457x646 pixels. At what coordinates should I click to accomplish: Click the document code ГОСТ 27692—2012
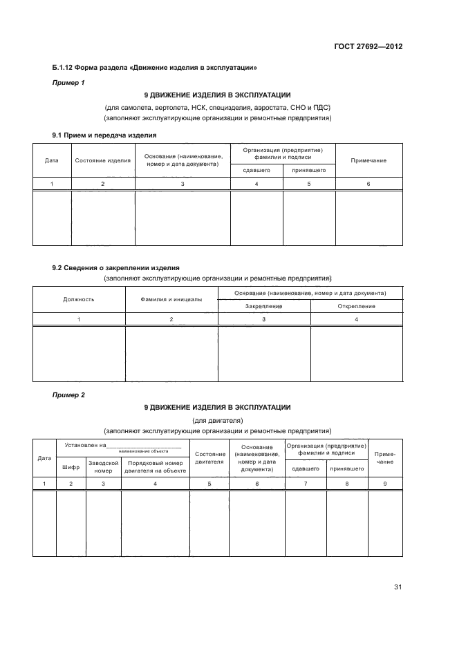[366, 47]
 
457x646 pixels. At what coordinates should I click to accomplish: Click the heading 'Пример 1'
[68, 83]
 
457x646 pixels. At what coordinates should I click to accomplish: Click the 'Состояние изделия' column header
[103, 160]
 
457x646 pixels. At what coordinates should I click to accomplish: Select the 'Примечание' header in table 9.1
[369, 160]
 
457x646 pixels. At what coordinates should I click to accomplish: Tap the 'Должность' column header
[79, 299]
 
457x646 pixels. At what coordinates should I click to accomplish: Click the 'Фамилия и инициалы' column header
[171, 299]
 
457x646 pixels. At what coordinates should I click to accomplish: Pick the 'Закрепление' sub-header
[263, 306]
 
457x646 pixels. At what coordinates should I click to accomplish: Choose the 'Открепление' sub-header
[356, 306]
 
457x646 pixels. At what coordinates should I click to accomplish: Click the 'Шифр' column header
[71, 467]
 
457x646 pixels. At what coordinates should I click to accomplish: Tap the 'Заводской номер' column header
[103, 467]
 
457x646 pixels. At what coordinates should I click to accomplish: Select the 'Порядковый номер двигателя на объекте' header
[155, 467]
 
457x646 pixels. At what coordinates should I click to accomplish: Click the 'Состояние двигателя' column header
[209, 457]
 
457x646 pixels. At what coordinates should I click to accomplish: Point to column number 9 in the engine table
[385, 484]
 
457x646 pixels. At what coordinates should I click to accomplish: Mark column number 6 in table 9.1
[369, 184]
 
